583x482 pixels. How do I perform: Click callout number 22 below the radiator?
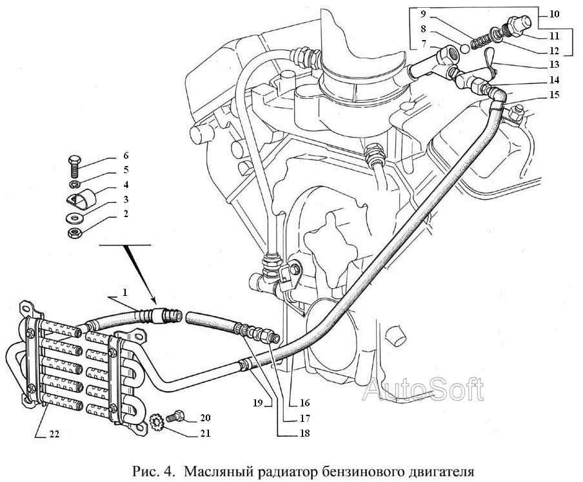coord(54,434)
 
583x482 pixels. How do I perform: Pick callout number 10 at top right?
coord(555,14)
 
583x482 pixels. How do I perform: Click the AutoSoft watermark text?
coord(422,390)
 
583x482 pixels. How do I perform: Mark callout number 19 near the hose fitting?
coord(257,402)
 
